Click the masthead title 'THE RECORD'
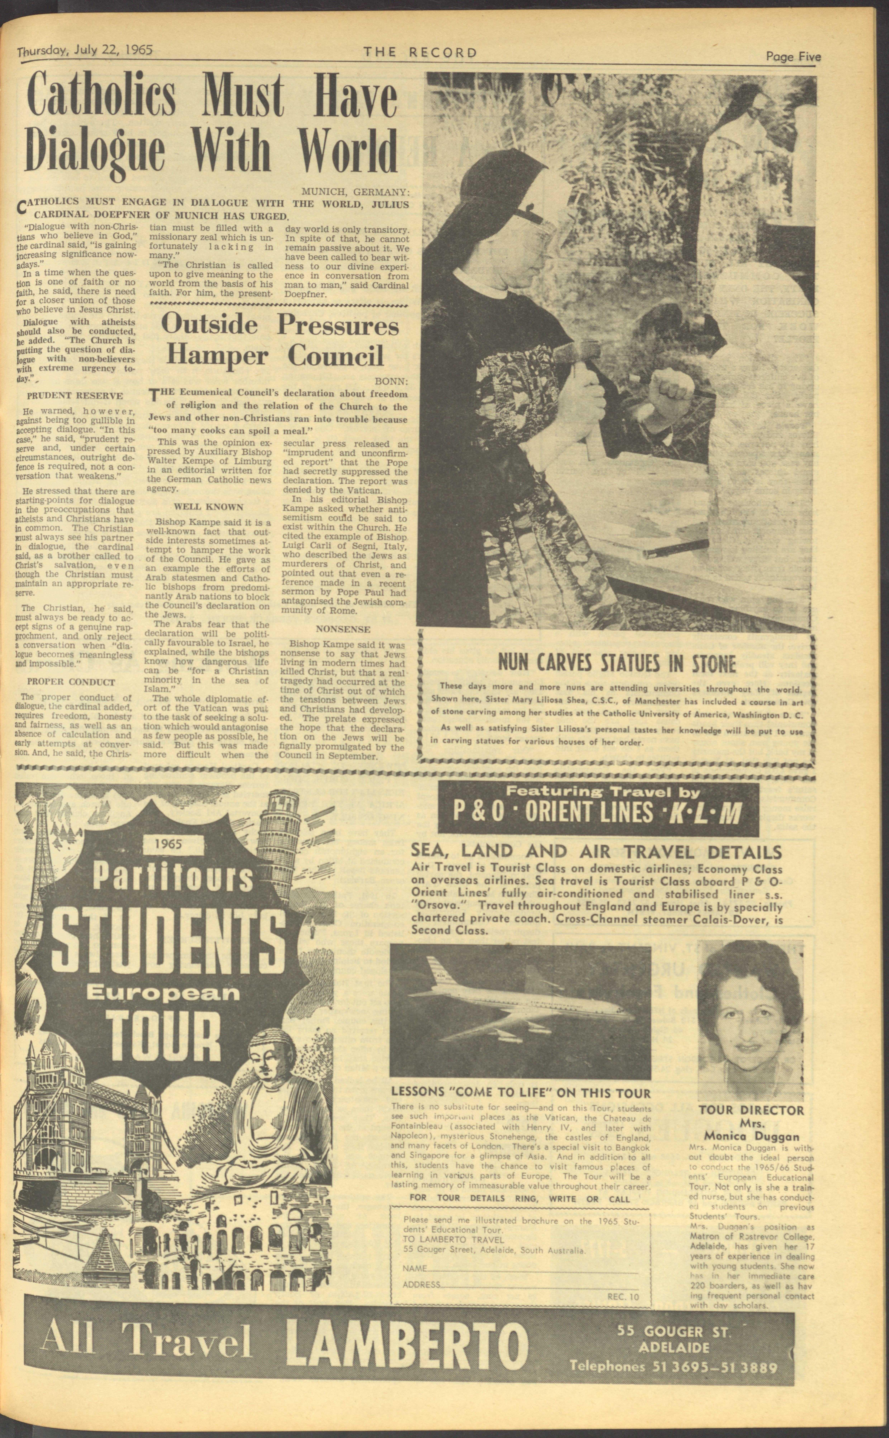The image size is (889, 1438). click(x=420, y=52)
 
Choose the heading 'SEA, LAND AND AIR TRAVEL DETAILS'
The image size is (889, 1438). click(x=596, y=852)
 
